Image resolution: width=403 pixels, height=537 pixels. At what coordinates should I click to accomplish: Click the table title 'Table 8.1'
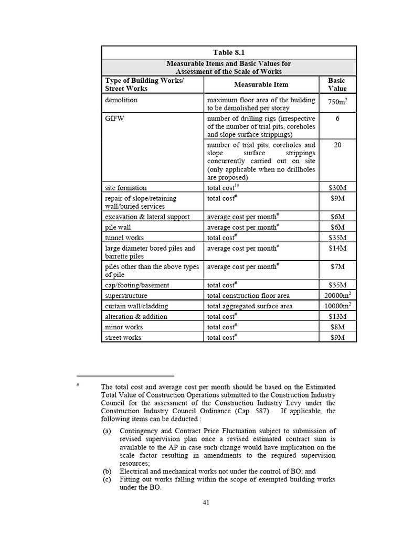(229, 52)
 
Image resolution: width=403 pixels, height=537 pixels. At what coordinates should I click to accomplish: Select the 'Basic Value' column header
(337, 84)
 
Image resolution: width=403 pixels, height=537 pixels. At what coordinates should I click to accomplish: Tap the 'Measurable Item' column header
(261, 84)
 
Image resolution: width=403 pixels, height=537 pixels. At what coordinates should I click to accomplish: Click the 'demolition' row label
(121, 100)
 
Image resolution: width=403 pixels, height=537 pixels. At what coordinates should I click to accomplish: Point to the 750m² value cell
(337, 103)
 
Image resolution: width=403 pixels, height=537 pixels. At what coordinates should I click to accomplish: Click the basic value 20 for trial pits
(337, 145)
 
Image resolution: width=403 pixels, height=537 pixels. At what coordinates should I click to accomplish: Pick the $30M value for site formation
(337, 188)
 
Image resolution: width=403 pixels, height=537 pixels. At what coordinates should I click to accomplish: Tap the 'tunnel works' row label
(125, 238)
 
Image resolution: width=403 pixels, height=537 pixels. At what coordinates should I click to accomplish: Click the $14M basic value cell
(337, 248)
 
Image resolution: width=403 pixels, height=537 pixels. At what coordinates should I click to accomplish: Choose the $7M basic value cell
(337, 267)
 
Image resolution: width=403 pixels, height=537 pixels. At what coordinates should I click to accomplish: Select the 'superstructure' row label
(128, 296)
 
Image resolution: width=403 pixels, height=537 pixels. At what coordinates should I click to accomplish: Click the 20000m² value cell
(337, 295)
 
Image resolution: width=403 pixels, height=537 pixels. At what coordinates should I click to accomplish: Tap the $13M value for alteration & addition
(337, 317)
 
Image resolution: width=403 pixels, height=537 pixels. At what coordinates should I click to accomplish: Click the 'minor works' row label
(124, 327)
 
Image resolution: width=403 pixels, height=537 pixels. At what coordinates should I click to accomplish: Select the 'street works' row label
(123, 338)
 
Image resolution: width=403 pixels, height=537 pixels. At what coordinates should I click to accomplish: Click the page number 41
(206, 502)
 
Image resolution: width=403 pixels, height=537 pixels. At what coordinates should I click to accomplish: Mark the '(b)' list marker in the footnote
(107, 471)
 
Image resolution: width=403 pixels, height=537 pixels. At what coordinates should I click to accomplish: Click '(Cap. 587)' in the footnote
(252, 411)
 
